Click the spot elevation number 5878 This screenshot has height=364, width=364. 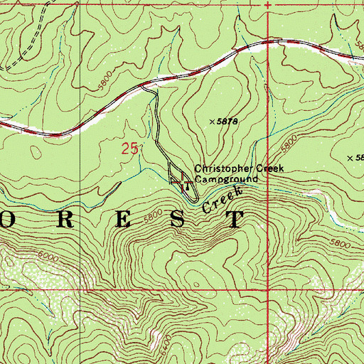coord(227,122)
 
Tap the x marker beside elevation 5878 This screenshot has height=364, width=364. coord(212,122)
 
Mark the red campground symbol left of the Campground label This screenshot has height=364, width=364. coord(183,182)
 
